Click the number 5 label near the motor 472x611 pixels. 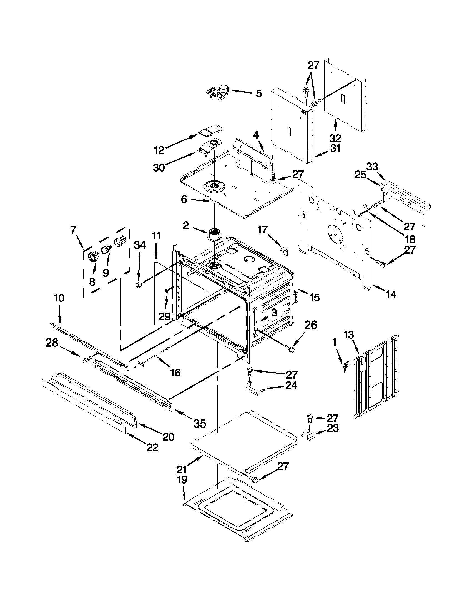(259, 94)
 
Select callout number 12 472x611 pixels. (159, 150)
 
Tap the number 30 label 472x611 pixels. (159, 168)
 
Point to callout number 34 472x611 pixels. (140, 245)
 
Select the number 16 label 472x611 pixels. (176, 372)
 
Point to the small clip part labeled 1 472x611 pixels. (346, 366)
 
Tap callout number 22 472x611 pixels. (152, 447)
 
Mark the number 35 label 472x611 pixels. (200, 423)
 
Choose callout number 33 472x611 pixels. (372, 167)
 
